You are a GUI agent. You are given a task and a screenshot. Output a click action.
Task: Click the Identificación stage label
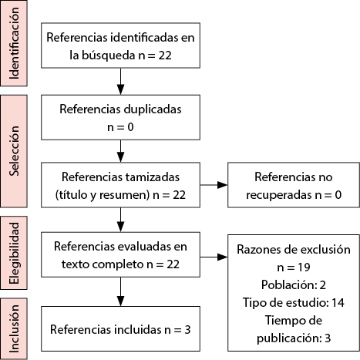point(14,43)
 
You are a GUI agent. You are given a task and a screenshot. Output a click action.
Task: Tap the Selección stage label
point(14,151)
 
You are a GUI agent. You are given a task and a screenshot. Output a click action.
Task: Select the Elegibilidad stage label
point(14,253)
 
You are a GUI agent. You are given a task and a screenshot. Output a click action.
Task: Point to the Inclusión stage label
point(14,329)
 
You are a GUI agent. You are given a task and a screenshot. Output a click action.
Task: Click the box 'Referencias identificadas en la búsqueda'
point(120,45)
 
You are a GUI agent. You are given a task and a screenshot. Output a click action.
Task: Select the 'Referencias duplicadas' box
point(120,117)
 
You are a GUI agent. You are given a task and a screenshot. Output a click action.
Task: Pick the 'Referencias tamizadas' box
point(120,185)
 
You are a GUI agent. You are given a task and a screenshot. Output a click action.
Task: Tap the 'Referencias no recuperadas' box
point(294,185)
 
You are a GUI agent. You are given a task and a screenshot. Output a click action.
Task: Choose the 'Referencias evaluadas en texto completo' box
point(120,254)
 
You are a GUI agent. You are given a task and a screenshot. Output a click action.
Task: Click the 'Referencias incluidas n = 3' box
point(120,328)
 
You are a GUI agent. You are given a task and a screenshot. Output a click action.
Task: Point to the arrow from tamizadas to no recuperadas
point(214,185)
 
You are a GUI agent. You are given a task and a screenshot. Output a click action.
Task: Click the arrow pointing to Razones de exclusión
point(214,257)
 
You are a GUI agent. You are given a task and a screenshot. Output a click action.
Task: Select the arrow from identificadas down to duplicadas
point(120,82)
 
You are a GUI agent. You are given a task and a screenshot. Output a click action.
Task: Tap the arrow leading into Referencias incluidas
point(120,291)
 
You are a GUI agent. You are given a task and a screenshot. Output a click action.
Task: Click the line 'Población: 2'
point(294,285)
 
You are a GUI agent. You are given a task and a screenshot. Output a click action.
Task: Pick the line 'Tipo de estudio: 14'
point(294,302)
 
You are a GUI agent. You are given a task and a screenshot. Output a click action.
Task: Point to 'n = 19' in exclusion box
point(294,267)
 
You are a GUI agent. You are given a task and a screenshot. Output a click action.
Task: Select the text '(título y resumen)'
point(103,195)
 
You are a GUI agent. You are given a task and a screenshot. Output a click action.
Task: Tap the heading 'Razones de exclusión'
point(294,250)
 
